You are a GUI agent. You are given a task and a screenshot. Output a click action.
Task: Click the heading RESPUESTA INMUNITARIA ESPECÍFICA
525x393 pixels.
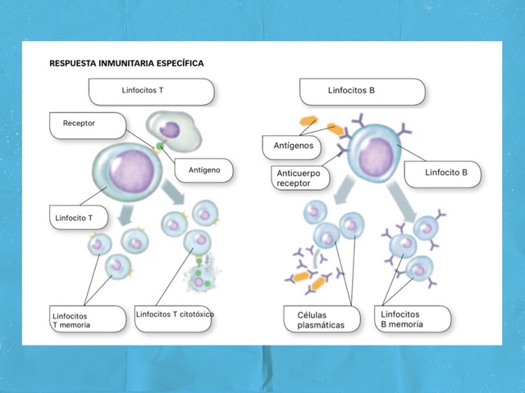tap(126, 62)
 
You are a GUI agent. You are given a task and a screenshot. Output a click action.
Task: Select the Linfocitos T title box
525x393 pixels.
tap(152, 91)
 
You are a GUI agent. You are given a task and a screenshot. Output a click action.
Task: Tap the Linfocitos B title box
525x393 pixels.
tap(362, 91)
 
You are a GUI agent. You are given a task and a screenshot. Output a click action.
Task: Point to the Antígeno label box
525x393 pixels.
tap(203, 170)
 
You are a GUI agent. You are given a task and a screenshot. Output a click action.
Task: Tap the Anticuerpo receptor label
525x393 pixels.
tap(298, 178)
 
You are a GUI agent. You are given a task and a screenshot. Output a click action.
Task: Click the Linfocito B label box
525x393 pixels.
tap(447, 173)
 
